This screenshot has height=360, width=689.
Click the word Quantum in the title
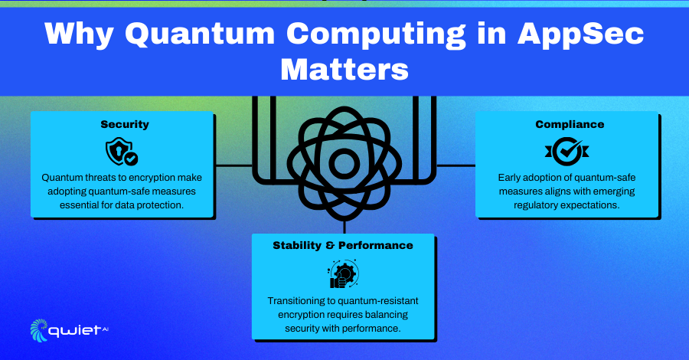pos(200,34)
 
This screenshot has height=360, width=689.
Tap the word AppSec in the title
pos(581,34)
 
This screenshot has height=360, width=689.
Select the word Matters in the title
pos(344,70)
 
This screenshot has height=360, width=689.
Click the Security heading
pos(125,124)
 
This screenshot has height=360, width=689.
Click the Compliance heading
pos(570,124)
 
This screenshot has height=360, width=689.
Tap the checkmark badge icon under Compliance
pos(567,151)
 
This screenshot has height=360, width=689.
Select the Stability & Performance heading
pos(343,245)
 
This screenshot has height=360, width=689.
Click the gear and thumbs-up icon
pos(343,274)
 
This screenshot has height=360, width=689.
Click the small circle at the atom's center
pos(344,163)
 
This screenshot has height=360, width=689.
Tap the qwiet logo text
pos(75,331)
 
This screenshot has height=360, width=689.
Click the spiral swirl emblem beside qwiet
pos(39,330)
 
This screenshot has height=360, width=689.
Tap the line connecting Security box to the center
pos(233,165)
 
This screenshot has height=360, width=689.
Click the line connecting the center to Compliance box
pos(456,165)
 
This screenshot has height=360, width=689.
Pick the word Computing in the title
pos(376,34)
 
